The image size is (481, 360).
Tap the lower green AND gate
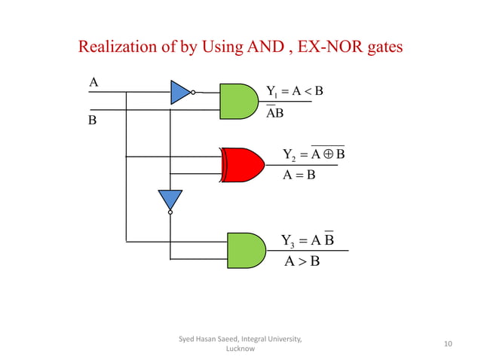coord(247,249)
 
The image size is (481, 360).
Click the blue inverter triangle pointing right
coord(179,92)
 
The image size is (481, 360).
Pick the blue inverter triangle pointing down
coord(170,200)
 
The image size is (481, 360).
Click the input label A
coord(93,82)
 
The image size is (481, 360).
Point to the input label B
coord(93,120)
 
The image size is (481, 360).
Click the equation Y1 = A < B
coord(294,92)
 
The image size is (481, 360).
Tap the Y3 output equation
coord(308,240)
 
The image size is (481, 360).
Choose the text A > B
coord(302,262)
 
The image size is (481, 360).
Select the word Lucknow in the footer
coord(240,349)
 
